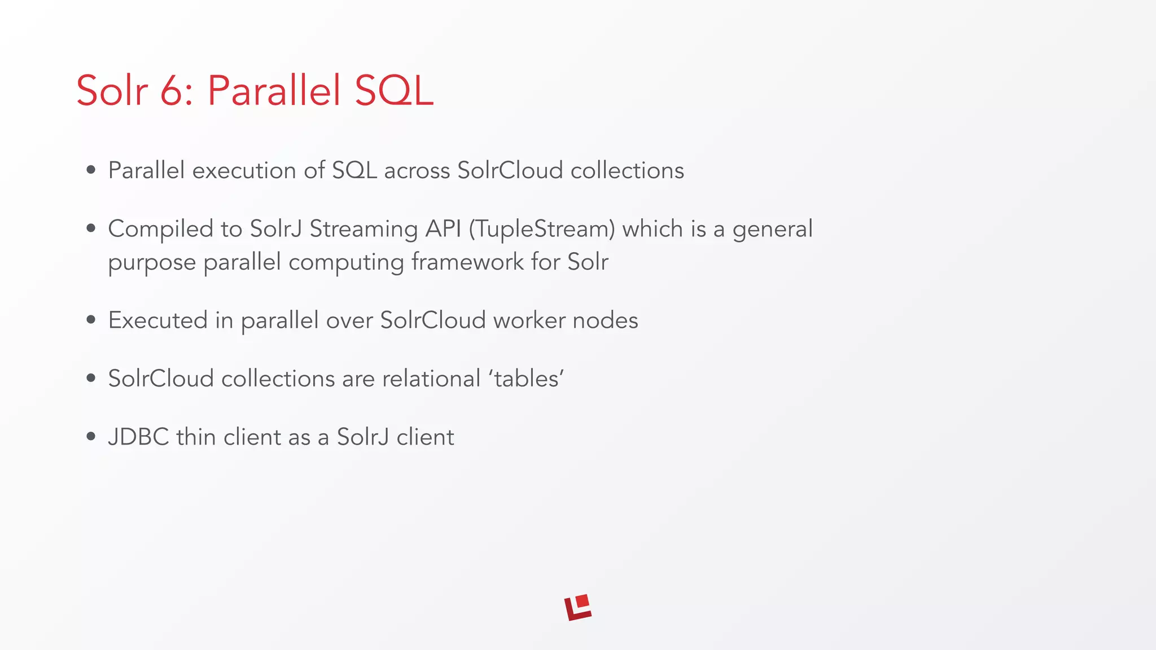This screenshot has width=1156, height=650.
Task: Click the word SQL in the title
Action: point(394,90)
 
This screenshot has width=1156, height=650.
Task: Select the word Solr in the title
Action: point(112,90)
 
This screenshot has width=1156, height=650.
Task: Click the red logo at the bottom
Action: point(578,607)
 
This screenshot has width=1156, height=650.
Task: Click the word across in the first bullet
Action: point(417,170)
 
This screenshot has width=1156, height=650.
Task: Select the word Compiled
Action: point(160,229)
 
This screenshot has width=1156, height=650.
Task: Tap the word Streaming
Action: point(364,229)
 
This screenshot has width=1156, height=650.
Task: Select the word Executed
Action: point(157,320)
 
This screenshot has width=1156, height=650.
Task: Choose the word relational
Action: point(431,378)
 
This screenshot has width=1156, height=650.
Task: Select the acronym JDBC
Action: point(138,437)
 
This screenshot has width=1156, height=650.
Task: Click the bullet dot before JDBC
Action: point(91,436)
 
